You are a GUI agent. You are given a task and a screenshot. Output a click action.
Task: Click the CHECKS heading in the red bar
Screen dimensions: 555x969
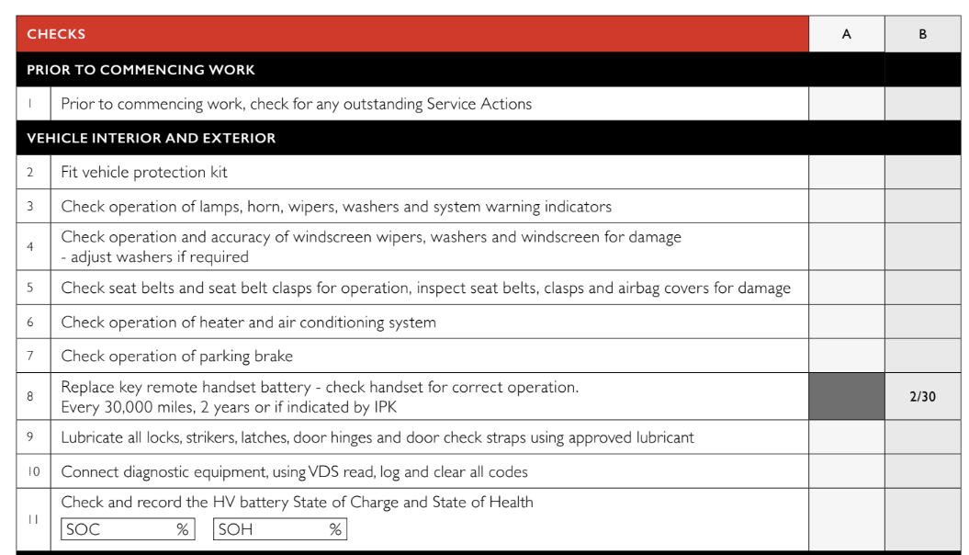click(56, 34)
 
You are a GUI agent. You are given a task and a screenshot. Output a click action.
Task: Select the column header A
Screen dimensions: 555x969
click(846, 34)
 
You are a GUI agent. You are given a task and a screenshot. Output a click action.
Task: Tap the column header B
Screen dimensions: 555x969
click(922, 34)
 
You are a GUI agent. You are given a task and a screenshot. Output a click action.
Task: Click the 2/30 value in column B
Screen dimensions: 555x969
click(922, 397)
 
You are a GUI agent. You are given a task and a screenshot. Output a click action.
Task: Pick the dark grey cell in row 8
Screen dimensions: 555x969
click(846, 397)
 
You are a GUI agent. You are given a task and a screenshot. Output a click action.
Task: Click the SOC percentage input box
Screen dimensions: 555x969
click(128, 529)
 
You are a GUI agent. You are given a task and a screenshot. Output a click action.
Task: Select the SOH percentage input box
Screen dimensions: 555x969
click(279, 529)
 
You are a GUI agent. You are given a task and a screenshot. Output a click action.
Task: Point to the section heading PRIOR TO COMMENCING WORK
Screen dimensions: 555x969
click(141, 70)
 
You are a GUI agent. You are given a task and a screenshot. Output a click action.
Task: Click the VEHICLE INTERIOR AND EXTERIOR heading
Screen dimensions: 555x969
click(151, 139)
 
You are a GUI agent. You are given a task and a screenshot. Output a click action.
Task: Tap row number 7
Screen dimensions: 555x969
click(30, 356)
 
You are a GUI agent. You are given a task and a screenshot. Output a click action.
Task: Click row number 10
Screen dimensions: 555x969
click(32, 471)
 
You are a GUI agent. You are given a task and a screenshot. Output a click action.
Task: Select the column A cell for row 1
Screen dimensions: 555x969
click(846, 104)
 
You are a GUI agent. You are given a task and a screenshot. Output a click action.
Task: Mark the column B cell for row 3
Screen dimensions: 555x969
click(922, 206)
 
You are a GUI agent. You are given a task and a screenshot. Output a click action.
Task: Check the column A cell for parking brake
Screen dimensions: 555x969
click(846, 356)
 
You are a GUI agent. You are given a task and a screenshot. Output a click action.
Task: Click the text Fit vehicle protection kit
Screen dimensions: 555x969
click(144, 172)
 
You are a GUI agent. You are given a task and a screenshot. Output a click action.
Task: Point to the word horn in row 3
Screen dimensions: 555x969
click(264, 207)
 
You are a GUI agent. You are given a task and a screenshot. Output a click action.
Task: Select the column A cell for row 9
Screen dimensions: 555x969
click(846, 437)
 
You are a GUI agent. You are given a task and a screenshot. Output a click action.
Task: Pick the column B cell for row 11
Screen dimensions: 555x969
click(922, 519)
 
